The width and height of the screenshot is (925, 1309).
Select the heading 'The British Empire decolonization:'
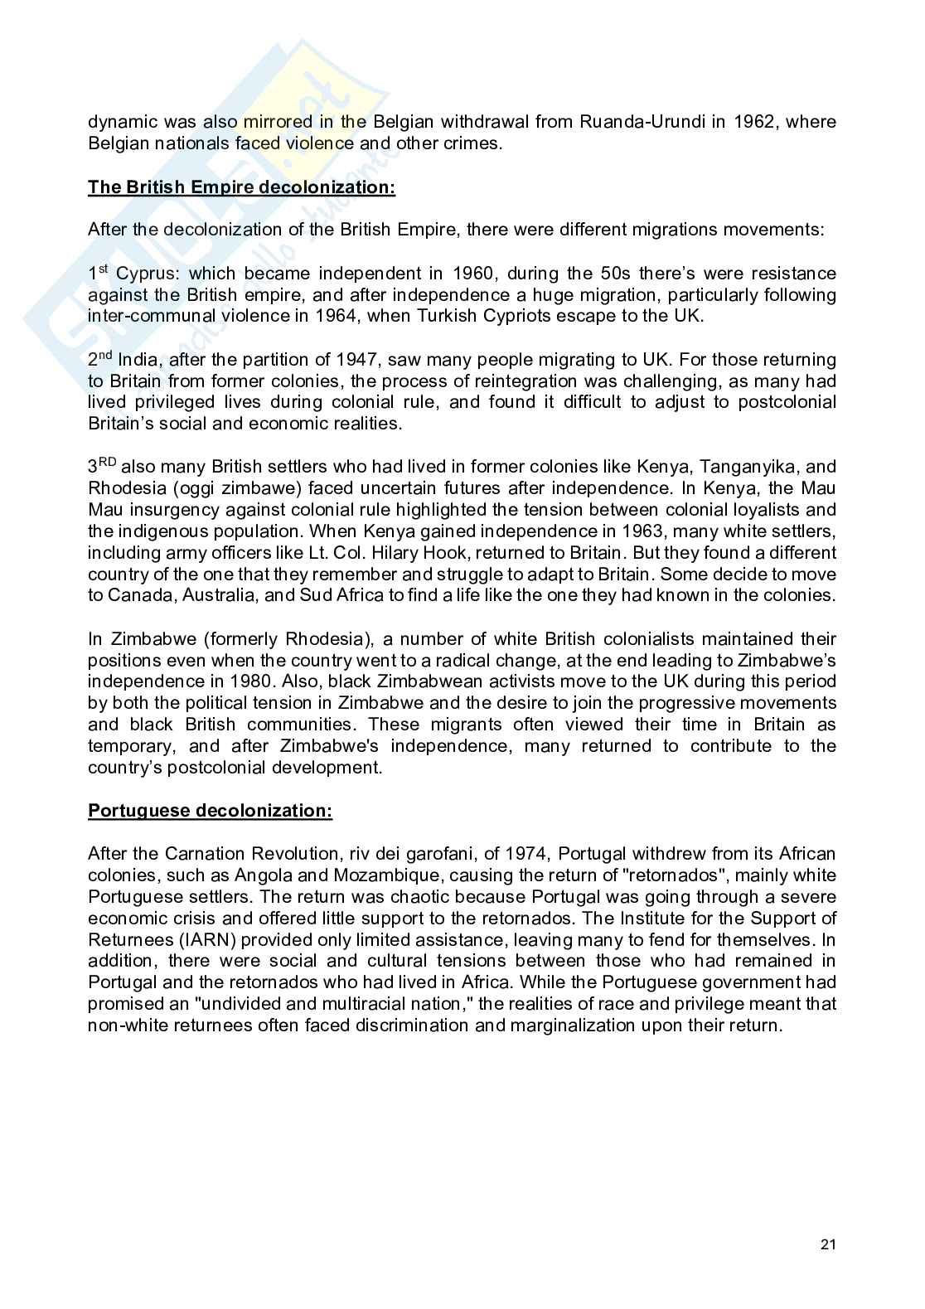click(x=241, y=187)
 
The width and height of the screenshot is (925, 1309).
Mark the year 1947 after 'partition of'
click(x=358, y=360)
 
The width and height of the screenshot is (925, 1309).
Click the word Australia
click(x=220, y=595)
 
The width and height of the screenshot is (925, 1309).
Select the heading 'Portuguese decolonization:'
click(x=210, y=810)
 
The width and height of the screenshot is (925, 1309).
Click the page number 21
click(x=827, y=1244)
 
